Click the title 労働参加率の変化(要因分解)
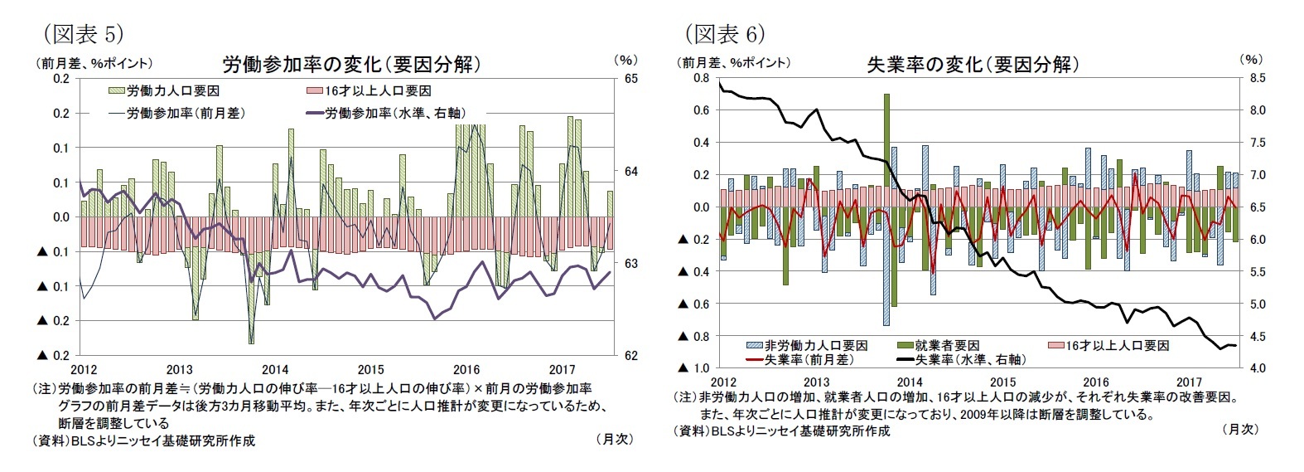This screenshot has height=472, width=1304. click(x=351, y=64)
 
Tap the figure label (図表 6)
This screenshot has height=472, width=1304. click(x=723, y=32)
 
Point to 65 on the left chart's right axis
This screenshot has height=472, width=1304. click(x=630, y=78)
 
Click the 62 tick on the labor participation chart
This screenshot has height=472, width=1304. click(x=630, y=355)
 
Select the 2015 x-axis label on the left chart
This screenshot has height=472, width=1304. click(x=370, y=369)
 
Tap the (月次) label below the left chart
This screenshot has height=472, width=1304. click(x=614, y=440)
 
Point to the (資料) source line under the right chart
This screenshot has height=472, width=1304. click(x=782, y=431)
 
